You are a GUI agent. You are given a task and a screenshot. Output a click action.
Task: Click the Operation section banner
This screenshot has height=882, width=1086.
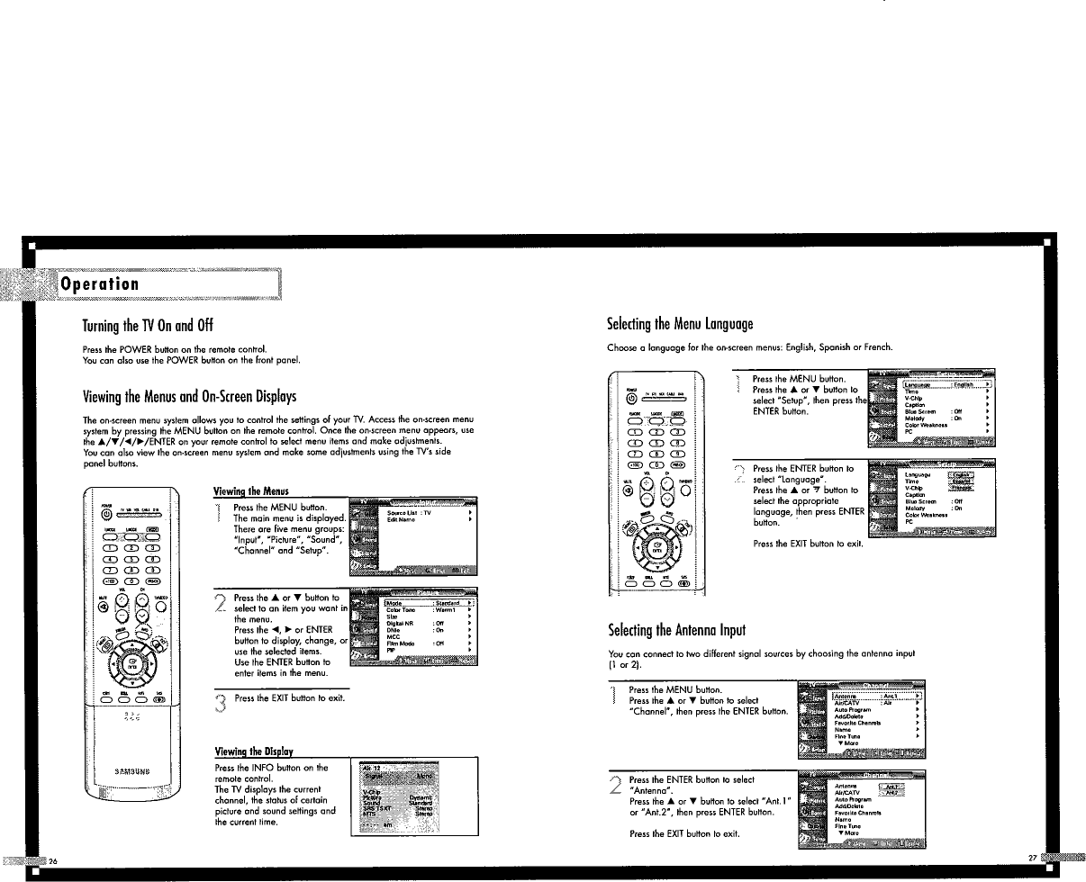[x=99, y=283]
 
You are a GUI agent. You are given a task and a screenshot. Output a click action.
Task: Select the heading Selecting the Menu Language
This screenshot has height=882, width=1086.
[x=681, y=324]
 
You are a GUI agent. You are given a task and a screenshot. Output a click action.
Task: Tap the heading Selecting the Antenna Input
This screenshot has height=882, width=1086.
[x=678, y=628]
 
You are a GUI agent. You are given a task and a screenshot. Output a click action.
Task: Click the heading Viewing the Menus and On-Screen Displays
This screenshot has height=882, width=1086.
[x=189, y=397]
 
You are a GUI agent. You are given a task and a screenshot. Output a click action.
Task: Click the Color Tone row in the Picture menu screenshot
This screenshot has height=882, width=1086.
[x=400, y=610]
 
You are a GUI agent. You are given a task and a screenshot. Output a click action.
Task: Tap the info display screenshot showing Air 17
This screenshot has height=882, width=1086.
[x=396, y=796]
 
